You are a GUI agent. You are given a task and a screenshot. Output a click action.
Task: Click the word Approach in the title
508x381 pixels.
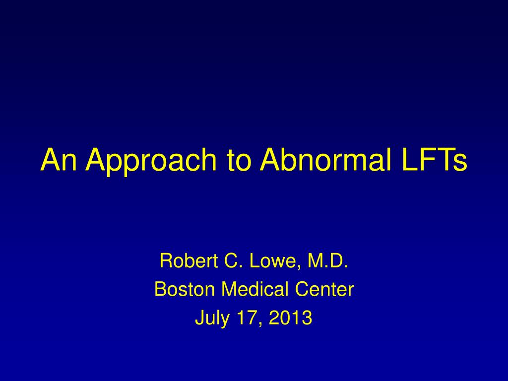151,161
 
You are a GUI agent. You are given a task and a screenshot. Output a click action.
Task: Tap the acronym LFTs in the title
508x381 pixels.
435,159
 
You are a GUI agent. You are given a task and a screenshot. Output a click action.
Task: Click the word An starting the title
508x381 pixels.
59,159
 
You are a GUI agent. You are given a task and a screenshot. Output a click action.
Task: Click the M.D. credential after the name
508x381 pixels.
328,260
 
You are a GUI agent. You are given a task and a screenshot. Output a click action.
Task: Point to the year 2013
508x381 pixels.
291,318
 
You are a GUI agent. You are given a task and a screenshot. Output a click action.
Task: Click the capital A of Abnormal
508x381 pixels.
272,159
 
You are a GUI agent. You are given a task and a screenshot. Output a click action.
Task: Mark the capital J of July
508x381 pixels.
199,318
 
